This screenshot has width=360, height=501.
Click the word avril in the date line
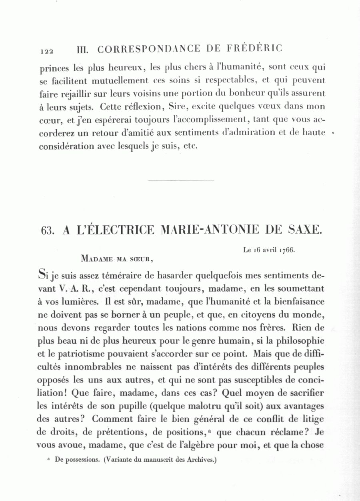[270, 250]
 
